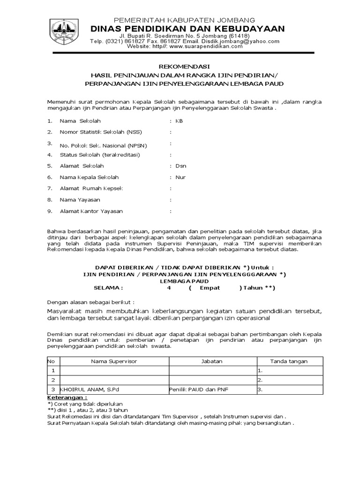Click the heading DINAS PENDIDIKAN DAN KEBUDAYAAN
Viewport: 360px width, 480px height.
[x=187, y=29]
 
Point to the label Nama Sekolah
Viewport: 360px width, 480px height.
[x=80, y=121]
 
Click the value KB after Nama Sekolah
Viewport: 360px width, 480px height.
[x=179, y=121]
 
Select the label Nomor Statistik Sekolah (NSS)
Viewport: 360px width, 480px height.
[x=97, y=132]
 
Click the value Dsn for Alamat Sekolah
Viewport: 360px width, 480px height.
[x=180, y=166]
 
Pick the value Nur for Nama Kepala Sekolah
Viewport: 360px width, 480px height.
[x=180, y=177]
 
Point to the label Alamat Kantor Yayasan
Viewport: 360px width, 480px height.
[x=91, y=211]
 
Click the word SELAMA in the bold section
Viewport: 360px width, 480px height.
[x=108, y=288]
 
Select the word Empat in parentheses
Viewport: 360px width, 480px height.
[x=210, y=288]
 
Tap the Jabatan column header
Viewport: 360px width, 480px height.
[x=212, y=361]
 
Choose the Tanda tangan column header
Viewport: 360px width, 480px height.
[x=289, y=361]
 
